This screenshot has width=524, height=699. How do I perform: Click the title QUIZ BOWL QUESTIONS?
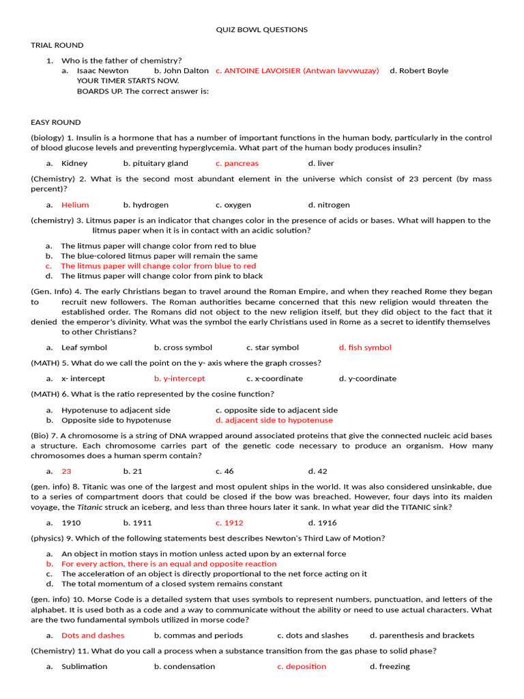(x=262, y=30)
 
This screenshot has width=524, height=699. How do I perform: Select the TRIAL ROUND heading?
(x=57, y=45)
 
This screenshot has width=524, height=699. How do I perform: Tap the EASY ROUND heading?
(x=56, y=122)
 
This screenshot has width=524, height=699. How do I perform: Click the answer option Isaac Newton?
(x=102, y=70)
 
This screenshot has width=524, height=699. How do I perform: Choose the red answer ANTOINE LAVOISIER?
(x=297, y=70)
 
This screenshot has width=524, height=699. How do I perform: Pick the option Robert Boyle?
(x=419, y=70)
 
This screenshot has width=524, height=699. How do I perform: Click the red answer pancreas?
(x=237, y=163)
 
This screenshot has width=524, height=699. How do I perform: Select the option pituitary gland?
(x=156, y=163)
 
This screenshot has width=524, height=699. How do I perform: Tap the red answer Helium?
(x=75, y=205)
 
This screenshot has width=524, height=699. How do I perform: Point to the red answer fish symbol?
(x=365, y=347)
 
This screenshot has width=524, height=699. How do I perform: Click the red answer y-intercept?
(x=179, y=378)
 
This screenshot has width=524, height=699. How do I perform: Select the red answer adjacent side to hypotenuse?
(x=274, y=420)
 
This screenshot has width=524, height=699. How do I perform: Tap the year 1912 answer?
(x=229, y=523)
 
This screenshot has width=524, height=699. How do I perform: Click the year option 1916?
(x=322, y=523)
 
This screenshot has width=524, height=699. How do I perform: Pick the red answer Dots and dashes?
(x=93, y=636)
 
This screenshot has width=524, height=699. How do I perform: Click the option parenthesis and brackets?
(x=422, y=636)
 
